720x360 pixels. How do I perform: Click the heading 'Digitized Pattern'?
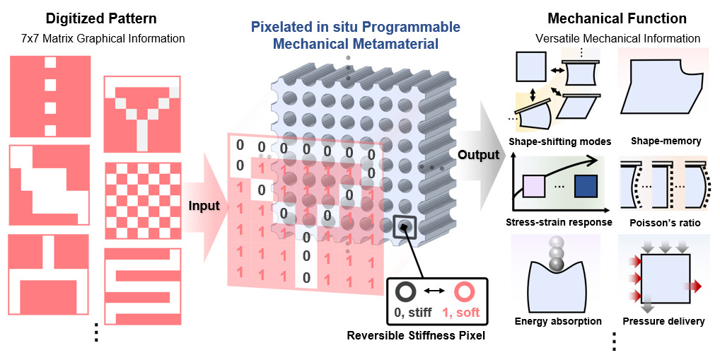point(101,18)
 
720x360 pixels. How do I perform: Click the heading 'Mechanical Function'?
point(617,18)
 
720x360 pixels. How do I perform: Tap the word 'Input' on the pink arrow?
point(203,207)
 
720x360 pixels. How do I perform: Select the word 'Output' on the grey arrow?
point(478,155)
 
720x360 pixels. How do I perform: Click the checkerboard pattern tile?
point(141,201)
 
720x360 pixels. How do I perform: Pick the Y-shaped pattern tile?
point(141,114)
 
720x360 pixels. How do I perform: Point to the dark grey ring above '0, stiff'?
point(406,291)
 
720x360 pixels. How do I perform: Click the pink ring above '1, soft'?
point(465,291)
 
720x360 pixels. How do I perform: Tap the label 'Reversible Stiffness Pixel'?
point(416,336)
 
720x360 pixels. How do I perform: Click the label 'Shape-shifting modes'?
point(559,141)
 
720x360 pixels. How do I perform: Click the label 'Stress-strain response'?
point(559,223)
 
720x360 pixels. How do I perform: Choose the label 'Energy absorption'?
point(558,321)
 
